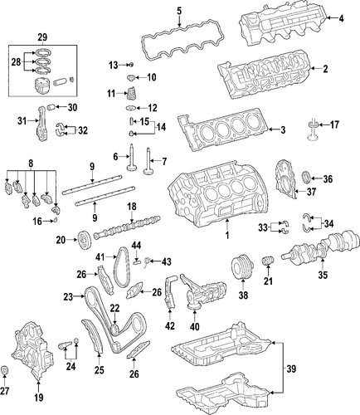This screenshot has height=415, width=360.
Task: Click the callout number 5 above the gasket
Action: tap(179, 12)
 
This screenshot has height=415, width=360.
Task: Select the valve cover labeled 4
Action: tap(283, 24)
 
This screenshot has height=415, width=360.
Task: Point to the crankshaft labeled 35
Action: tap(322, 246)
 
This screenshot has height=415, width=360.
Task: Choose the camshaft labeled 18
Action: tap(127, 227)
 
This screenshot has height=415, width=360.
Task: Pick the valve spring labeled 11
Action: tap(130, 94)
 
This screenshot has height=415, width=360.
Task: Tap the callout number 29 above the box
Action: tap(42, 37)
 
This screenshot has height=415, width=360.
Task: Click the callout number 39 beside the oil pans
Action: tap(291, 369)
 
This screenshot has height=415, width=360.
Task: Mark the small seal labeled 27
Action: tap(5, 370)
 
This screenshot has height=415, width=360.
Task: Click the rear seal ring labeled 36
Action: tap(306, 178)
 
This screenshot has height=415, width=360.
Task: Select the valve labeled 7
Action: tap(148, 161)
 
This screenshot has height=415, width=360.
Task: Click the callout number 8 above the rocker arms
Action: tap(31, 164)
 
